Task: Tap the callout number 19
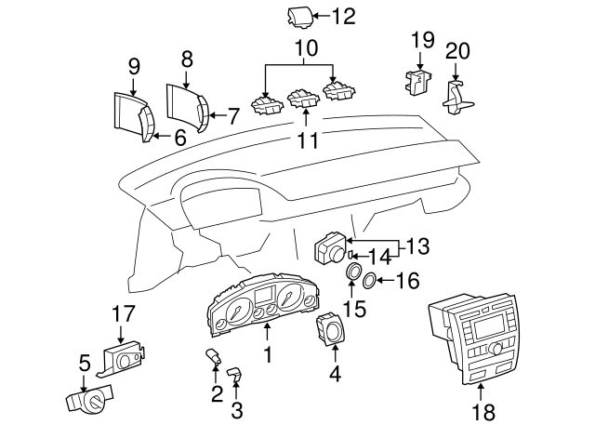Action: coord(422,39)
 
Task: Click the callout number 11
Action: coord(307,140)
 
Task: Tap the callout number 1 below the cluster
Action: coord(268,354)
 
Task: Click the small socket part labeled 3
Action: coord(235,373)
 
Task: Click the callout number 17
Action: coord(124,314)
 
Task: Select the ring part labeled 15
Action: coord(353,272)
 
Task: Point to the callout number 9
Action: coord(133,66)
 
